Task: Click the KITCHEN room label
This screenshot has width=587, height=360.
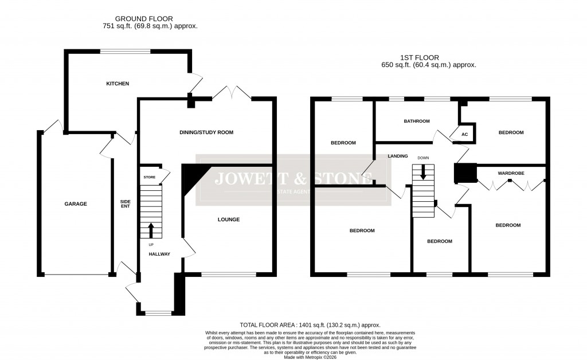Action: coord(118,84)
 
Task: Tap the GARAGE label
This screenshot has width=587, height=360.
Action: coord(76,204)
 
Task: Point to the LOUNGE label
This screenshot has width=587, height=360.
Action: coord(228,220)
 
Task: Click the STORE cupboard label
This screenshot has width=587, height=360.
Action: coord(149,178)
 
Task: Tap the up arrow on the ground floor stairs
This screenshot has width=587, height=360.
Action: coord(151,230)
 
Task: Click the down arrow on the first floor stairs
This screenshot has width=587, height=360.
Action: coord(423,171)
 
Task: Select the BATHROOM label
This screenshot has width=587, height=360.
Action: coord(417,121)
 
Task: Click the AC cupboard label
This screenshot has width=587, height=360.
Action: coord(465,134)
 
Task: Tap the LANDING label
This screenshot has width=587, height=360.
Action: coord(397,155)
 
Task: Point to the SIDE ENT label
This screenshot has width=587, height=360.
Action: coord(125,204)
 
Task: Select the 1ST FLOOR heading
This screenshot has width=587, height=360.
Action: coord(420,57)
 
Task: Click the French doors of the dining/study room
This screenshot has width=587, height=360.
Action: coord(231,93)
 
